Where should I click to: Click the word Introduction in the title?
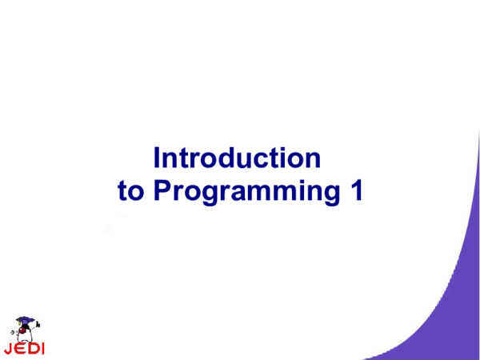tap(238, 158)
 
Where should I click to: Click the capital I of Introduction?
tap(158, 157)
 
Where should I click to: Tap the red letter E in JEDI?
tap(21, 349)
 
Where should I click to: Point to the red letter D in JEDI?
tap(33, 349)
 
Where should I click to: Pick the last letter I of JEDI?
tap(42, 349)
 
